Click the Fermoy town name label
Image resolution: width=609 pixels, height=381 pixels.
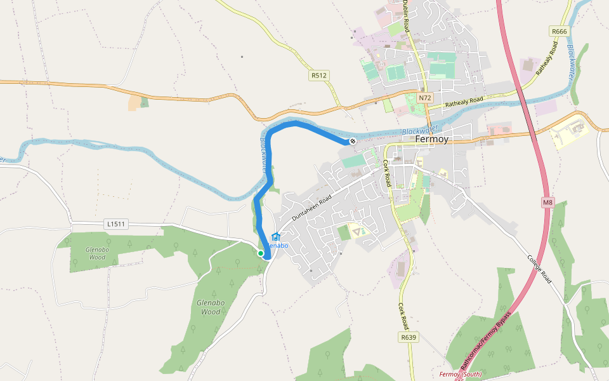pos(431,139)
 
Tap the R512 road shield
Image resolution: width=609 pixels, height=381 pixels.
pos(319,76)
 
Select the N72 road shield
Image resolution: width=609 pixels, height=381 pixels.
pos(425,98)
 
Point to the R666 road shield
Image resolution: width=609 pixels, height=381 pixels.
pos(559,31)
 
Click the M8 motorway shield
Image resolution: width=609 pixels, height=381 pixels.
pos(548,203)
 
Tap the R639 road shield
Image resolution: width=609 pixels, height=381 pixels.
pos(409,337)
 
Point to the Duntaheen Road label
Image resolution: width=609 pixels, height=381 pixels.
pos(312,208)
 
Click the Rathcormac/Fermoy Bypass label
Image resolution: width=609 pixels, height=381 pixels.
pos(485,340)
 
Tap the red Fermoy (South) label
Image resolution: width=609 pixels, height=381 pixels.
pos(460,374)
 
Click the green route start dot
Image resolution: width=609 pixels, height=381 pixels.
pos(260,253)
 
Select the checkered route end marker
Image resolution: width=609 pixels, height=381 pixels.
pos(353,141)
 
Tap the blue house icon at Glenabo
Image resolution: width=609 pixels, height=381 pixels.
pos(275,237)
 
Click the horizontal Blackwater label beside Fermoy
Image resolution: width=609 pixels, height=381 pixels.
pos(419,130)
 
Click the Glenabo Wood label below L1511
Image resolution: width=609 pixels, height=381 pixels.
pos(96,253)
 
